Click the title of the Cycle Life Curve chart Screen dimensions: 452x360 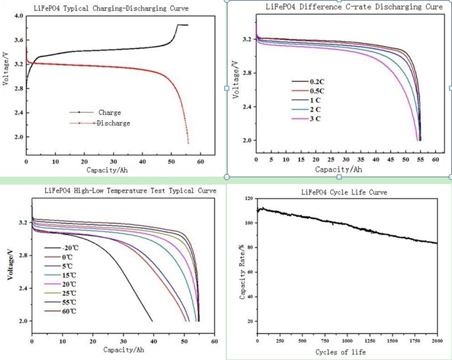(x=344, y=193)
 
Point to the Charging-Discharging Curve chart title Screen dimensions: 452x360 (x=111, y=9)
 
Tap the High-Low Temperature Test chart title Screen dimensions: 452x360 (x=130, y=191)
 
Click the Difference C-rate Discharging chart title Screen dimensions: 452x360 (x=354, y=7)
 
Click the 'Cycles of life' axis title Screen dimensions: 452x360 (x=341, y=352)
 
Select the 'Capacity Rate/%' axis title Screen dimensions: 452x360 (x=242, y=271)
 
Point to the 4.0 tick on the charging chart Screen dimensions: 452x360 (x=18, y=15)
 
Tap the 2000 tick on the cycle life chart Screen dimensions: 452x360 (x=437, y=341)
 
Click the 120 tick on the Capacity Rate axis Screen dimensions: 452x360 (x=249, y=198)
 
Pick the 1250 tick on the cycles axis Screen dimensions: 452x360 (x=370, y=341)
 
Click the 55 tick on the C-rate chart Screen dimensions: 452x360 (x=421, y=159)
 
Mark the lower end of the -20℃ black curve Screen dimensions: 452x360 (x=153, y=321)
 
